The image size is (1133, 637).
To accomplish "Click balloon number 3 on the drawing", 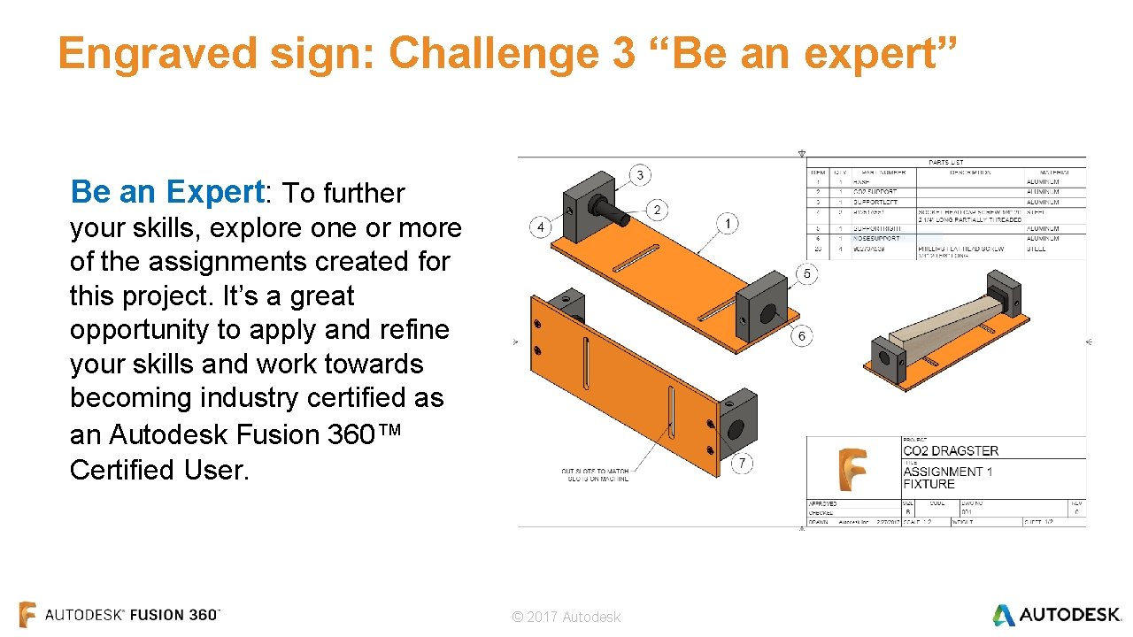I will pos(640,175).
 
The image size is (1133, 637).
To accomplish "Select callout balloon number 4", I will pos(541,228).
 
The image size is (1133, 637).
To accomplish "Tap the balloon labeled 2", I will pos(657,210).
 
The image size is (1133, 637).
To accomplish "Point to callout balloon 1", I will pos(727,224).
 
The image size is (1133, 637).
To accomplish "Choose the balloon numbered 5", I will pos(805,274).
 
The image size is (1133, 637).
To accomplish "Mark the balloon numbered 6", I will pos(802,336).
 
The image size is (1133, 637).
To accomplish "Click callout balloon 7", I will pos(742,463).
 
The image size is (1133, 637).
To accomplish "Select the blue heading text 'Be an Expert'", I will pos(167,191).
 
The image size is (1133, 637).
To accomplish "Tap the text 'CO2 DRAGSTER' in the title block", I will pos(951,450).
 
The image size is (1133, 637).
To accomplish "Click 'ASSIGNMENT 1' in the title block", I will pos(947,472).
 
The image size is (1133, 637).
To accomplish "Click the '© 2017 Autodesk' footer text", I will pos(566,617).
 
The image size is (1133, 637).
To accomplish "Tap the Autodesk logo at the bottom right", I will pos(1056,615).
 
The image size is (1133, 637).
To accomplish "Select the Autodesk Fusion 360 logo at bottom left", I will pos(119,615).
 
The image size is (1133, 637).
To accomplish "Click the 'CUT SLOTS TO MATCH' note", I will pos(595,472).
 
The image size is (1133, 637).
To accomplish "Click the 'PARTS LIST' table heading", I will pos(945,162).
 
